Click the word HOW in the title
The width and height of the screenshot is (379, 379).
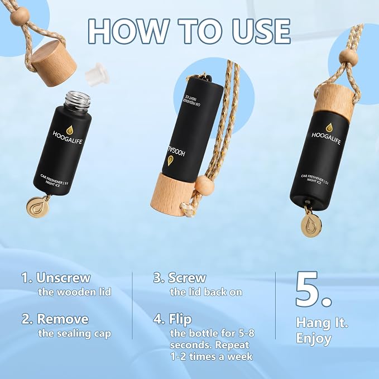pyautogui.click(x=128, y=31)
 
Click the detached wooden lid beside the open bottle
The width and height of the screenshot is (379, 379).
pyautogui.click(x=54, y=64)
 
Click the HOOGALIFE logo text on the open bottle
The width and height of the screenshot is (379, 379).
pyautogui.click(x=68, y=137)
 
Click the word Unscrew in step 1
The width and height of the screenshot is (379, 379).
pyautogui.click(x=63, y=278)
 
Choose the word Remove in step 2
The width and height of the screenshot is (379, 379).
pyautogui.click(x=63, y=319)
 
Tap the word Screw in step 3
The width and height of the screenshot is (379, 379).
pyautogui.click(x=187, y=278)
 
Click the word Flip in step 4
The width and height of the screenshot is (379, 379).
pyautogui.click(x=180, y=320)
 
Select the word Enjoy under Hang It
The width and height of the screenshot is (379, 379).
pyautogui.click(x=314, y=339)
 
